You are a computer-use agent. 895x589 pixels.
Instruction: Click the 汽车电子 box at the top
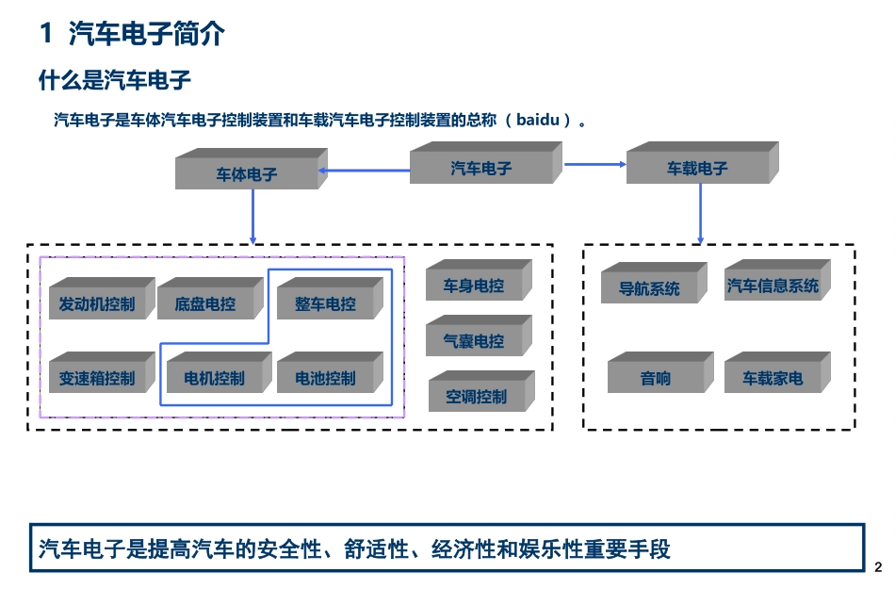pos(481,169)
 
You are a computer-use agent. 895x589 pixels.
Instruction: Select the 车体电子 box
pos(247,174)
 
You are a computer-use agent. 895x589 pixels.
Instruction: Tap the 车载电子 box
pos(698,169)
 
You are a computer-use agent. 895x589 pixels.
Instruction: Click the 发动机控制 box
pos(97,304)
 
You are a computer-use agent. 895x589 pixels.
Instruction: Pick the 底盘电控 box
pos(205,304)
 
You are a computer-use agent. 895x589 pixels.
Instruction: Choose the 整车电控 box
pos(326,304)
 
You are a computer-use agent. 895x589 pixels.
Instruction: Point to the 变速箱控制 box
pos(97,378)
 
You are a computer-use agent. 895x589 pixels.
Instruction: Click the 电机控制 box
pos(215,378)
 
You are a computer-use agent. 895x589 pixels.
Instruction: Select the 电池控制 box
pos(326,378)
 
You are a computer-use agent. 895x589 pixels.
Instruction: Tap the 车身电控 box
pos(474,286)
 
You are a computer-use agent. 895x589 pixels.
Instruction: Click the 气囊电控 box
pos(474,341)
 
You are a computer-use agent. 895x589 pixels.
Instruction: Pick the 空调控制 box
pos(477,397)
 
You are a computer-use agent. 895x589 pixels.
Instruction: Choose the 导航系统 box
pos(649,288)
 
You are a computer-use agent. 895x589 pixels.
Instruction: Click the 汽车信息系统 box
pos(773,286)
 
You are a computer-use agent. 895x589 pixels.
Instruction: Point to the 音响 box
pos(656,378)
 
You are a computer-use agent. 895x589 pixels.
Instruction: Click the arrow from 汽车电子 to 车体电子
pos(364,171)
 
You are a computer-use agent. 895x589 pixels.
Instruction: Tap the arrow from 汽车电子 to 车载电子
pos(595,165)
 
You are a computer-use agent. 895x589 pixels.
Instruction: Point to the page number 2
pos(878,567)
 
